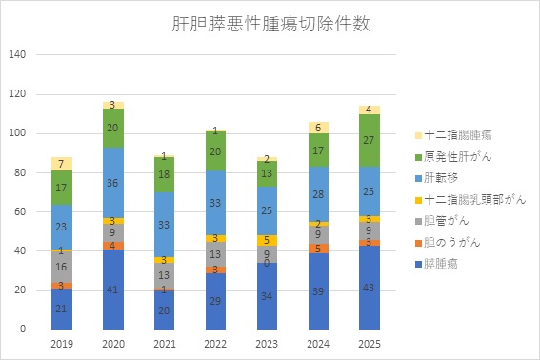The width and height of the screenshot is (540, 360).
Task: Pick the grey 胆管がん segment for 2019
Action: pyautogui.click(x=61, y=267)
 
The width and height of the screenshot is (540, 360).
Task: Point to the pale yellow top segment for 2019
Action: pyautogui.click(x=61, y=164)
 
